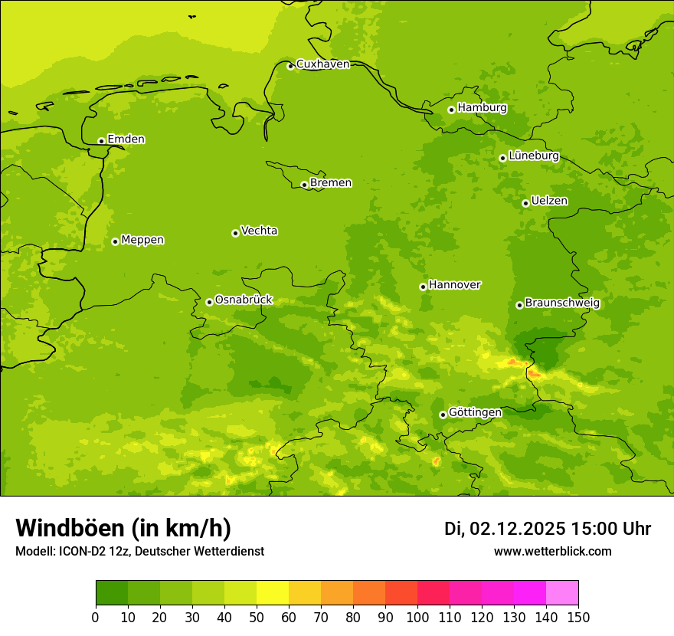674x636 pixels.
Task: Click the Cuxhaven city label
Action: point(322,64)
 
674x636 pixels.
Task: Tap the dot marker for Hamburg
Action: point(451,110)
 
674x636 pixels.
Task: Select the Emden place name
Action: point(126,139)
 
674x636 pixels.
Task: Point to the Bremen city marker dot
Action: point(304,185)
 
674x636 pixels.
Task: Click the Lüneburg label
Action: point(533,156)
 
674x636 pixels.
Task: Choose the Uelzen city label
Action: point(549,201)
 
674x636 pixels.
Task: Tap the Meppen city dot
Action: point(115,241)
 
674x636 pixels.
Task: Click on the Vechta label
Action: point(259,231)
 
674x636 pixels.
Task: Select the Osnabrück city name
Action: point(243,300)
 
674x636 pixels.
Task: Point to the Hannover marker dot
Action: point(423,287)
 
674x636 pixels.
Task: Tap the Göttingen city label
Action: point(475,412)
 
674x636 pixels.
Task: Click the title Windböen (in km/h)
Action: point(123,528)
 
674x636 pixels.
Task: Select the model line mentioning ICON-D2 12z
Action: point(139,552)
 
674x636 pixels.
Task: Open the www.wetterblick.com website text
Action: point(552,552)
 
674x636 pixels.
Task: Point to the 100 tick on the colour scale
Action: point(417,617)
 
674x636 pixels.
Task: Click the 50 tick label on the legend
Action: point(257,617)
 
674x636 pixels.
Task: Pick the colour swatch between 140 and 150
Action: point(562,593)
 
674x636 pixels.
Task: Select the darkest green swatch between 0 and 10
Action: point(112,593)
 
